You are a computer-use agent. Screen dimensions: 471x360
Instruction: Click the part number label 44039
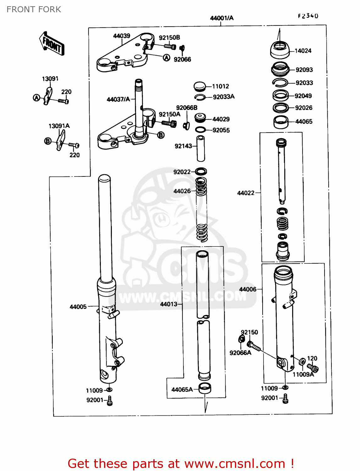click(122, 36)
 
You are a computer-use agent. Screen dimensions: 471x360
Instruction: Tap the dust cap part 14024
click(280, 50)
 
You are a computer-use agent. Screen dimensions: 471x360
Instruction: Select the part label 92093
click(304, 70)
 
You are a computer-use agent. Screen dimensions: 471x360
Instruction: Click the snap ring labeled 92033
click(279, 82)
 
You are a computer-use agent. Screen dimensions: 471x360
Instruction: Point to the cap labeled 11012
click(199, 86)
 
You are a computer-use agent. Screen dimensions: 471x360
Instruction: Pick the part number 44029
click(221, 119)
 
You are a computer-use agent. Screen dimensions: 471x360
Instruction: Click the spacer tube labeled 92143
click(201, 148)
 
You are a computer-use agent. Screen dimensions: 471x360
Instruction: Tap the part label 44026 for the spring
click(182, 191)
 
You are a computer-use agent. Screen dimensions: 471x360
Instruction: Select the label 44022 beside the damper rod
click(246, 193)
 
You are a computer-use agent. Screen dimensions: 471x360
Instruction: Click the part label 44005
click(78, 307)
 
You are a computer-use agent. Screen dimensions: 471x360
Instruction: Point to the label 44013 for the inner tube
click(169, 304)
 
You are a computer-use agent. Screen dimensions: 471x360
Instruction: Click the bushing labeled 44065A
click(205, 389)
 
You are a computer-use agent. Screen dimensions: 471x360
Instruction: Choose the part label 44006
click(248, 289)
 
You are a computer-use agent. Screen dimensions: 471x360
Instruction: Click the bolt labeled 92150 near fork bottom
click(254, 346)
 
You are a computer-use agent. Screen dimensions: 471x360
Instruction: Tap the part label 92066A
click(240, 353)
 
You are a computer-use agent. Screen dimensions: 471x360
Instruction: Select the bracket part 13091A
click(61, 140)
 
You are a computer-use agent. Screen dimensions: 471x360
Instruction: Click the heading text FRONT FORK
click(34, 9)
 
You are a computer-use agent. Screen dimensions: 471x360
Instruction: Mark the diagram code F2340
click(308, 16)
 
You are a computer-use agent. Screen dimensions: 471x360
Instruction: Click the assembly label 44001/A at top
click(222, 18)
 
